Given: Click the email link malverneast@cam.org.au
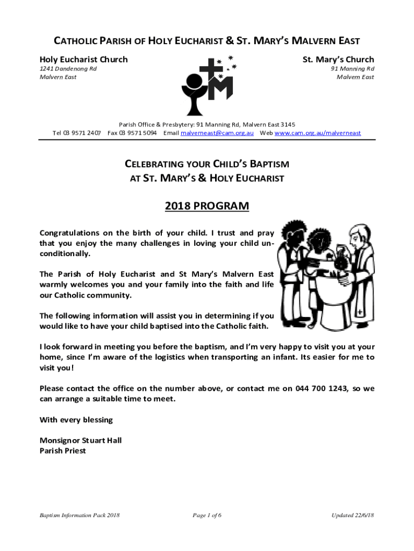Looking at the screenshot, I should (x=217, y=133).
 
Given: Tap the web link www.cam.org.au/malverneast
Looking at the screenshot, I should (x=318, y=133).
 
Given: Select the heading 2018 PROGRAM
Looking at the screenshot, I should (x=207, y=206).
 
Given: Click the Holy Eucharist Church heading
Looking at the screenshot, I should (x=84, y=59).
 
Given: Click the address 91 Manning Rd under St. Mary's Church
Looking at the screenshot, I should (x=352, y=69).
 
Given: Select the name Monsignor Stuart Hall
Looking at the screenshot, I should (x=81, y=440).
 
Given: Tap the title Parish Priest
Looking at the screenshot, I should (x=63, y=451).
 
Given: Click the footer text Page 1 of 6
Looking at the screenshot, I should (x=207, y=515).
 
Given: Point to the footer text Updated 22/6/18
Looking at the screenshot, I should (x=352, y=515).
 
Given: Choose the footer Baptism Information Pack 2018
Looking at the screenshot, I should (x=80, y=515).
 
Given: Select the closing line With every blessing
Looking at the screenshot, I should (x=76, y=420).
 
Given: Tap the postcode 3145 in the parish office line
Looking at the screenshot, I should (x=285, y=124).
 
